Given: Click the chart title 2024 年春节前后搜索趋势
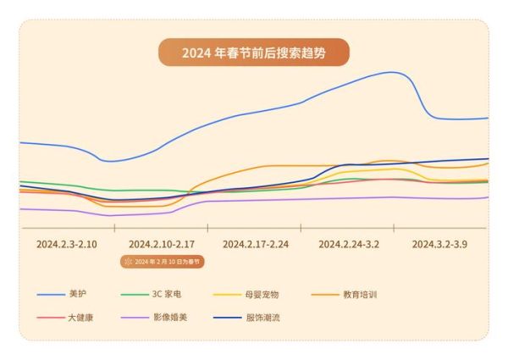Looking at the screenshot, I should point(253,53).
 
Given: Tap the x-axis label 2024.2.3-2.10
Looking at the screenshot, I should point(67,243).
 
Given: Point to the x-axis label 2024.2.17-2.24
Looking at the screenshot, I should point(256,243).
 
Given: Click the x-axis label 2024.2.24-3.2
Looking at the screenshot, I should point(349,243).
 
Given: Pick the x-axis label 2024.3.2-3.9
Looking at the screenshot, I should point(439,243).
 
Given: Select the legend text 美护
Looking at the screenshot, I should point(77,295).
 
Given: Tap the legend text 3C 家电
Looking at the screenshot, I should point(166,295).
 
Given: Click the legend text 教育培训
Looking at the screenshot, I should point(360,295).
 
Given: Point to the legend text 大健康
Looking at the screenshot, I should point(80,319).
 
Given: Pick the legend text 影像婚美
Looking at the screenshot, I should point(168,319).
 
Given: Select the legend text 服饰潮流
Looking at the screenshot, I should point(262,319).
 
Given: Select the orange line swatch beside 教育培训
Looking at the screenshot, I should point(324,295).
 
